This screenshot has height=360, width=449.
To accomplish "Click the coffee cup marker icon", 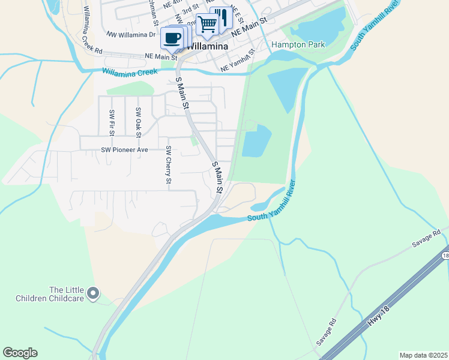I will coord(173,38).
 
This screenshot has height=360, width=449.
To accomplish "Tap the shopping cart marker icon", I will coord(207,25).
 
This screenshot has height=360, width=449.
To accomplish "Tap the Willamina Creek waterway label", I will coord(130,72).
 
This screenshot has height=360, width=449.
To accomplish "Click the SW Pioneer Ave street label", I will coord(124,149).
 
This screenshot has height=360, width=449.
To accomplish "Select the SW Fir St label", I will coord(112,121).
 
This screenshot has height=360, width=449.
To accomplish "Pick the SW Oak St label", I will coord(138,120).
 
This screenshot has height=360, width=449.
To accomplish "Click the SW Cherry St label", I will coord(169,165).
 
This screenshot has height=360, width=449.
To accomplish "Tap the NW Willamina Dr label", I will coord(131,34).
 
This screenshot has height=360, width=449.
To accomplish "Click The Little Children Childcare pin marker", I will coord(92,293).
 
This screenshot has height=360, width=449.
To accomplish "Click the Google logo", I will coord(20,353).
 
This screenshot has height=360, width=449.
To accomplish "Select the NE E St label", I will coord(235,13).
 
